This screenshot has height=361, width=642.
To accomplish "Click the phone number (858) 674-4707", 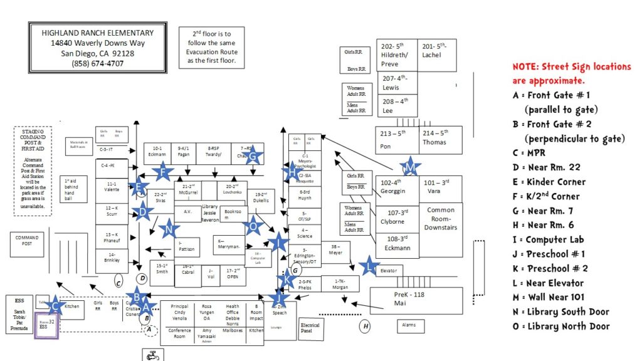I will pos(97,63).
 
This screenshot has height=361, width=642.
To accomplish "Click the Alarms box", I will pos(410,327).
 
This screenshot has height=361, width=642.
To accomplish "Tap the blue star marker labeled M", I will pos(409,167).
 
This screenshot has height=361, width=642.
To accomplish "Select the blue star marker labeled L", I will pos(370,266).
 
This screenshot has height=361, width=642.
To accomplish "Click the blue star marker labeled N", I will pos(168,229).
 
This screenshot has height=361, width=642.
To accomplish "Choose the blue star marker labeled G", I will pos(252,155).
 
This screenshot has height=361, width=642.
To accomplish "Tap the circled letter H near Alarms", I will pos(365,326).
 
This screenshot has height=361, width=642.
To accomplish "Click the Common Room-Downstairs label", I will pos(441,219).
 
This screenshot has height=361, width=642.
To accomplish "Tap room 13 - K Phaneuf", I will pos(112,239).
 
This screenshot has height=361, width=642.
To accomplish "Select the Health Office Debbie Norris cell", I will pos(233,311).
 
